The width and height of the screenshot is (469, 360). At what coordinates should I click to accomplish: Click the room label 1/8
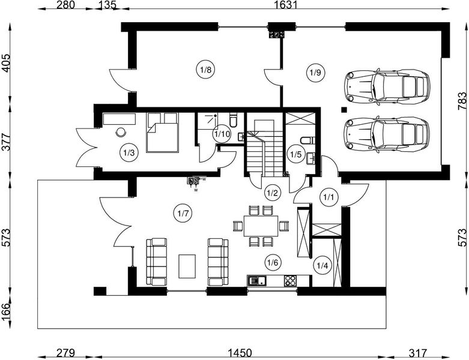coord(205,70)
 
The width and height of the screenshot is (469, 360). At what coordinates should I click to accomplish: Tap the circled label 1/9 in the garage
coord(315,73)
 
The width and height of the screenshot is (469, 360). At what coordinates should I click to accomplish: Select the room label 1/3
coord(129,152)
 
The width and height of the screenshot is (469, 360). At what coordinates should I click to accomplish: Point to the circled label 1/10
coord(222,134)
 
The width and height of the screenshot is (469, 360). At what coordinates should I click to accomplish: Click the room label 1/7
coord(183,214)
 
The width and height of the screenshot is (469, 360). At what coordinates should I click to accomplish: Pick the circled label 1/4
coord(322,265)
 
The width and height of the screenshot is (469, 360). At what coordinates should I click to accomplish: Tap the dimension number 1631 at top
coord(286,4)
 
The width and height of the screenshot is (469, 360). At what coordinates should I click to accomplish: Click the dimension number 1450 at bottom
coord(240,353)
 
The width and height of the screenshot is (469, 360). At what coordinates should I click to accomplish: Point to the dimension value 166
coord(5,312)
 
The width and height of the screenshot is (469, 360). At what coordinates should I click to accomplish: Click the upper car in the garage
coord(387,87)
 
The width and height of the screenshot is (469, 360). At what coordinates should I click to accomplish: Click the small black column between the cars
coord(344,110)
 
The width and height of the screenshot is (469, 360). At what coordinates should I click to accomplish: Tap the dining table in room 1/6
coord(261,226)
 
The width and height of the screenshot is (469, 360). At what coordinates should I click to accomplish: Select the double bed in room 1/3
coord(162,133)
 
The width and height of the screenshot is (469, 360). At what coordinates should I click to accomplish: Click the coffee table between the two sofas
coord(187,266)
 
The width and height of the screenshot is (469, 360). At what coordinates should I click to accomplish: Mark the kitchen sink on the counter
coord(256,281)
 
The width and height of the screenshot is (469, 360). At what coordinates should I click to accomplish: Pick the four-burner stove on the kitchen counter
coord(290,281)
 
